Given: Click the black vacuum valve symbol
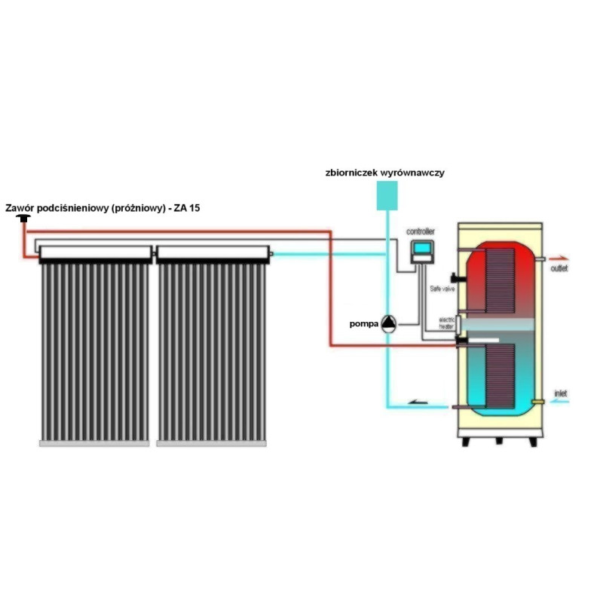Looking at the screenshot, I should pyautogui.click(x=25, y=219).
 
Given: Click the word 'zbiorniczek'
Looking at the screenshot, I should pyautogui.click(x=347, y=173).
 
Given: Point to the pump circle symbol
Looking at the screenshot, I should pyautogui.click(x=387, y=323).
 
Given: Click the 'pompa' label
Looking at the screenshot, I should pyautogui.click(x=363, y=324).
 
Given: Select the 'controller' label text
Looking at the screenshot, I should pyautogui.click(x=421, y=231).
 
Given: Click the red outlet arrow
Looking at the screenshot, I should pyautogui.click(x=559, y=256).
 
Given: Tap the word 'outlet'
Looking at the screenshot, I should pyautogui.click(x=560, y=268).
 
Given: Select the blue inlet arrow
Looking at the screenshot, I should pyautogui.click(x=560, y=403).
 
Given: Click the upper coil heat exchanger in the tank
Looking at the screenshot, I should pyautogui.click(x=500, y=279).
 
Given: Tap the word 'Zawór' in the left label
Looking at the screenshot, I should pyautogui.click(x=21, y=207).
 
